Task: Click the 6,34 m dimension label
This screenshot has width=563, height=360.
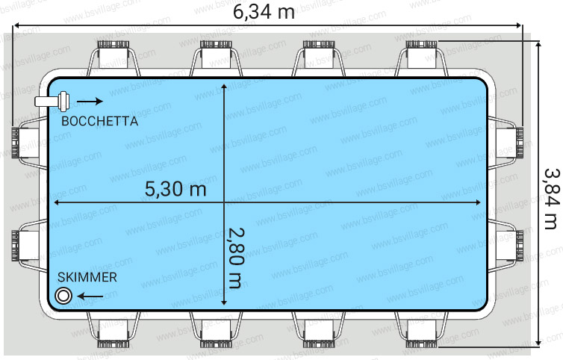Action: (264, 12)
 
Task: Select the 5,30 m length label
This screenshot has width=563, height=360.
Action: (175, 189)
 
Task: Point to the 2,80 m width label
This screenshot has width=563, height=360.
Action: (236, 258)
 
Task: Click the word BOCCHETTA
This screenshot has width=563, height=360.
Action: (100, 121)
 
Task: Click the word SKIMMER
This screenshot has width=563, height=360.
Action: (87, 277)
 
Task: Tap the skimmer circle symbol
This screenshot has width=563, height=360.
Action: (63, 296)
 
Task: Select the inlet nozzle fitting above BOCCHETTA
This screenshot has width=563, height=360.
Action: (52, 101)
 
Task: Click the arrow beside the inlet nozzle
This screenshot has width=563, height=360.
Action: (90, 102)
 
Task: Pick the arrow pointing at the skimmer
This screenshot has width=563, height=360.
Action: (90, 297)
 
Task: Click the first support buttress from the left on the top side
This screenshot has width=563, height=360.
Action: (113, 58)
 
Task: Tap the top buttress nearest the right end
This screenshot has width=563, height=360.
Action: (422, 58)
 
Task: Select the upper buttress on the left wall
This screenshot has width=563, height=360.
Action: (29, 143)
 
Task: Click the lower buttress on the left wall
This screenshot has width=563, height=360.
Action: (29, 246)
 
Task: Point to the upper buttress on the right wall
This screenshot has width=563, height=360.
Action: (506, 143)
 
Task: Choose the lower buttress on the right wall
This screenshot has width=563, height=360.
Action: (506, 246)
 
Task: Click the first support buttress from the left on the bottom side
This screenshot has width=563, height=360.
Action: (113, 329)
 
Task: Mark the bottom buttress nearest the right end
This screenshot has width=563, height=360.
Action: (422, 329)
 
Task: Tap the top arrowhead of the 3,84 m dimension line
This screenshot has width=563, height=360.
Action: (538, 45)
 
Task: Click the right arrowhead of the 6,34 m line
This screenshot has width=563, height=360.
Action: (518, 25)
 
